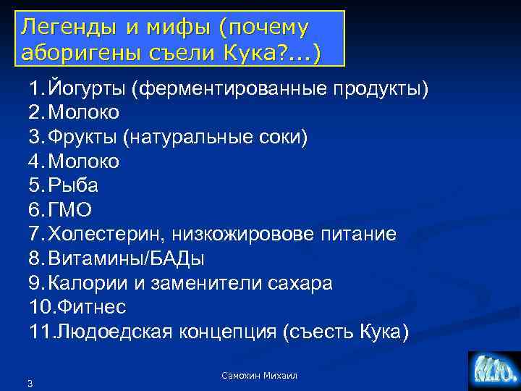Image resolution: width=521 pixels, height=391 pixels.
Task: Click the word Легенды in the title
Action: [59, 28]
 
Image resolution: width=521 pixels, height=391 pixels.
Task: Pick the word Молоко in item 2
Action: [84, 113]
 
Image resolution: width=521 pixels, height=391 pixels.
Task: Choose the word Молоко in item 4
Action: [84, 161]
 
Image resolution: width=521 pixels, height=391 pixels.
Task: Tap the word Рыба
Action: [73, 186]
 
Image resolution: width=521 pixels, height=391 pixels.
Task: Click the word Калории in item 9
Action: [86, 282]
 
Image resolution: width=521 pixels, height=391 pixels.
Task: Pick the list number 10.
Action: [37, 307]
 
